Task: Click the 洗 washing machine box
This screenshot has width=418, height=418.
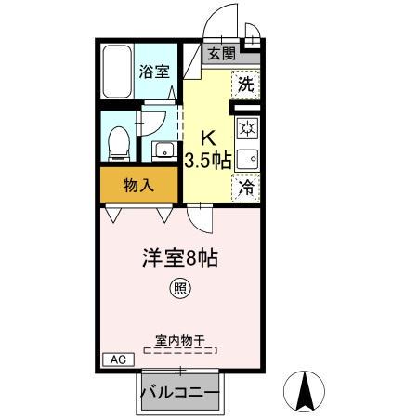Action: coord(244,83)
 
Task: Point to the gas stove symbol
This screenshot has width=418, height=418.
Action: coord(246,127)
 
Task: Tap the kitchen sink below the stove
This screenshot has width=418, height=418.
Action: coord(246,158)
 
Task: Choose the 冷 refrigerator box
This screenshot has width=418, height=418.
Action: coord(245,187)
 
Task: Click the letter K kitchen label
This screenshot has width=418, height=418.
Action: coord(209,136)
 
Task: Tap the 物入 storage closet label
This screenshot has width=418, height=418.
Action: coord(138,186)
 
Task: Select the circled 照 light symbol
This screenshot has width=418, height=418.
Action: coord(179,290)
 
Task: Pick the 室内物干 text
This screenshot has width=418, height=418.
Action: coord(179,339)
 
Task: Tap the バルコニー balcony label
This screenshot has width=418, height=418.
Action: coord(180,392)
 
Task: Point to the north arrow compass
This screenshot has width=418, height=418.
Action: coord(303,392)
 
